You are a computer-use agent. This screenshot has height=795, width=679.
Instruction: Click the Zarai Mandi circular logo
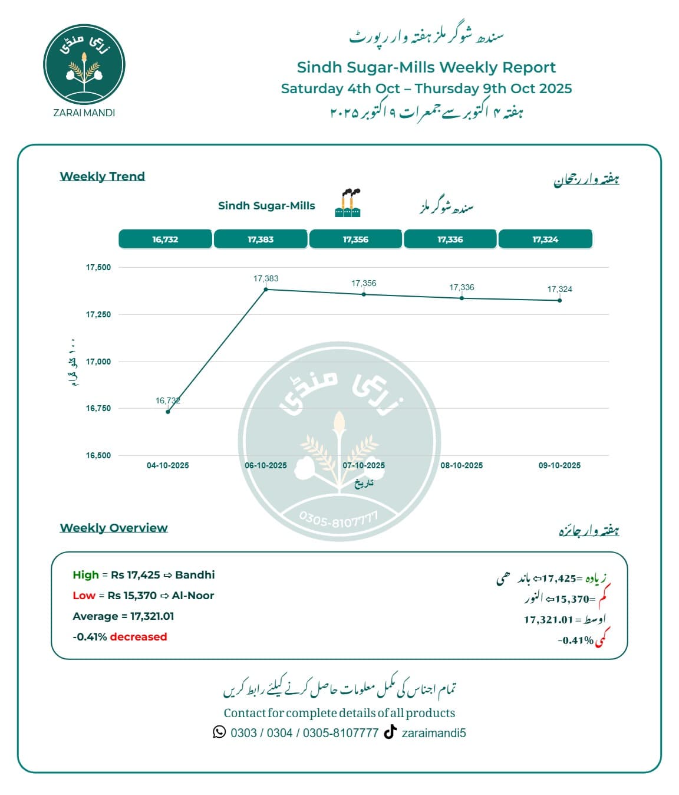tap(84, 65)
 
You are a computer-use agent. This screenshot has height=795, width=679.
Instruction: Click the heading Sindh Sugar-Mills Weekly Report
tap(426, 67)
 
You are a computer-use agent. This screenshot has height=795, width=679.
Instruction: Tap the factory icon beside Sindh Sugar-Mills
tap(348, 203)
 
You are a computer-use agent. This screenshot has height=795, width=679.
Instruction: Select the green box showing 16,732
tap(165, 239)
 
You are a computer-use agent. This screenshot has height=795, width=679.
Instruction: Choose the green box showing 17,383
tap(261, 239)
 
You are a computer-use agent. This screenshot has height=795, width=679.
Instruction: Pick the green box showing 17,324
tap(545, 239)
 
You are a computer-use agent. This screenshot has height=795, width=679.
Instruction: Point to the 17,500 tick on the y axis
tap(98, 267)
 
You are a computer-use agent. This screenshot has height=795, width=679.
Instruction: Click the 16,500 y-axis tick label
tap(98, 455)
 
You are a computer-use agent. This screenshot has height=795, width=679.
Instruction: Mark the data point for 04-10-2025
tap(168, 412)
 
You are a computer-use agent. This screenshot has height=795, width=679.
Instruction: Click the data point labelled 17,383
tap(266, 289)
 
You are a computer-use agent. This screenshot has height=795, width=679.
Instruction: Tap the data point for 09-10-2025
tap(559, 300)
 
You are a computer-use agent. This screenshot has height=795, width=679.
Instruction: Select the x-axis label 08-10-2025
tap(462, 465)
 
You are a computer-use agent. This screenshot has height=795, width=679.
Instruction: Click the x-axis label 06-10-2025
tap(266, 465)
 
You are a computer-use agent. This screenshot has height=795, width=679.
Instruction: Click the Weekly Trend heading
tap(103, 176)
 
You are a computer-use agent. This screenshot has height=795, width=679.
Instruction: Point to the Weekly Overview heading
tap(114, 528)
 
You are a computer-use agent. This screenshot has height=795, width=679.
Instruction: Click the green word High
tap(85, 575)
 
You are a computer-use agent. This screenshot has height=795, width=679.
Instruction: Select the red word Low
tap(84, 596)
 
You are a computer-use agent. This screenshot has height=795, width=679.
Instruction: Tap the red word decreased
tap(139, 637)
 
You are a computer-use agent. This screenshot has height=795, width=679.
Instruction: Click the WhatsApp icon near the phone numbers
tap(219, 732)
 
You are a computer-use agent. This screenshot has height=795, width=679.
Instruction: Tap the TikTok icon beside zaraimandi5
tap(390, 732)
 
